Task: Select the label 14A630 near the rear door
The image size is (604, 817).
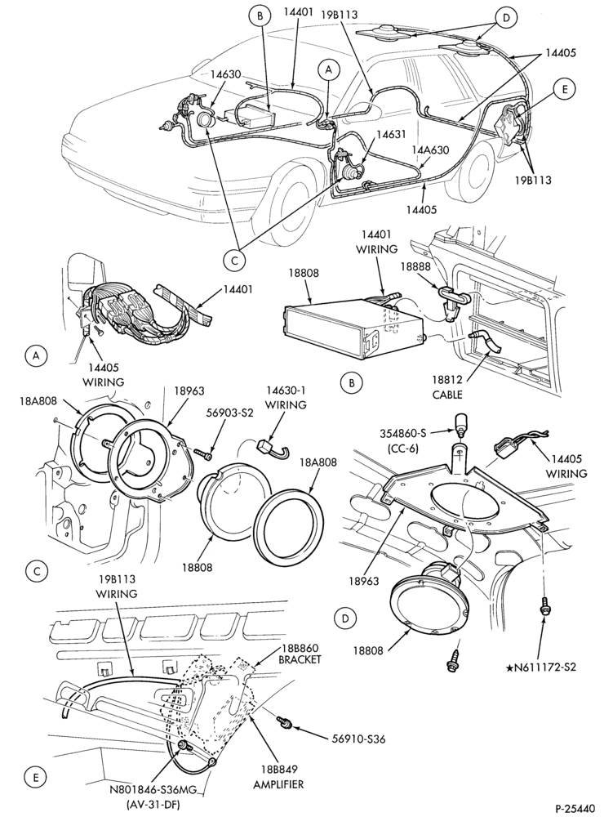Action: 431,150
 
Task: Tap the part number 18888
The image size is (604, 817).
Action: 416,266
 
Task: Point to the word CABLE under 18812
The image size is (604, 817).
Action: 447,395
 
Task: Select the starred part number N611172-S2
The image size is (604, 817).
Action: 541,667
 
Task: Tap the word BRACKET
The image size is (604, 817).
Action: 300,659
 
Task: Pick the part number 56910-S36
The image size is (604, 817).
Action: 358,739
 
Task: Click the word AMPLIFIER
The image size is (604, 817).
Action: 278,784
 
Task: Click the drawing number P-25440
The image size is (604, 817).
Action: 575,809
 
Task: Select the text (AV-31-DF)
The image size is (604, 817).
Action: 153,805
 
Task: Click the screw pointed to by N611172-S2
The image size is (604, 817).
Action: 546,606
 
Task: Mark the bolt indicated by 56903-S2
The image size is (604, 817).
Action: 203,453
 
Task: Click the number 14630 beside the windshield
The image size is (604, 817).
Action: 225,74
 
